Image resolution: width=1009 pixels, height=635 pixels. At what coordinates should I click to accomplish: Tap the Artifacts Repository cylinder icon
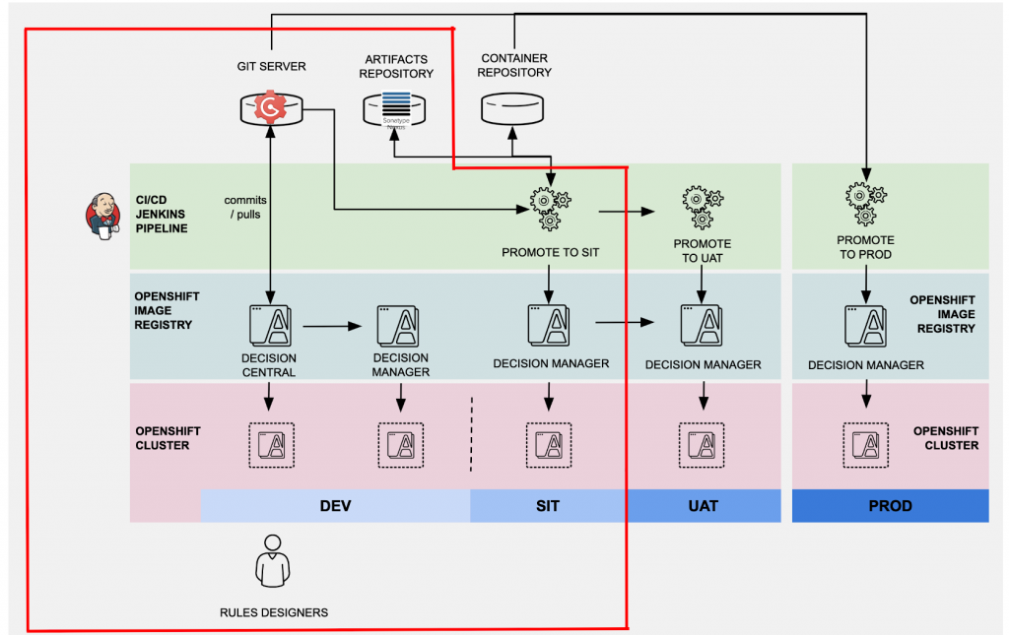tap(395, 107)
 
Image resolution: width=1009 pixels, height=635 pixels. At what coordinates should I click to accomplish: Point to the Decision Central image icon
tap(269, 324)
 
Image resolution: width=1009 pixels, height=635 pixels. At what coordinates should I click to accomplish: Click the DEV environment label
tap(335, 506)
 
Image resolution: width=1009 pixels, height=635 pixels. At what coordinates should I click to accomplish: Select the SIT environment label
tap(548, 506)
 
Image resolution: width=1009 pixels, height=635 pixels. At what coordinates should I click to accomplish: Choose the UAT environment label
tap(703, 506)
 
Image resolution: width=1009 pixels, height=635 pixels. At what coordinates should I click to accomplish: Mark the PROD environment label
tap(890, 506)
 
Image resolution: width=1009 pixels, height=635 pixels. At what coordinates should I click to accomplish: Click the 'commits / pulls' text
tap(244, 207)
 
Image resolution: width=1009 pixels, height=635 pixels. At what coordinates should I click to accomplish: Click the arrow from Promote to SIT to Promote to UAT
tap(626, 211)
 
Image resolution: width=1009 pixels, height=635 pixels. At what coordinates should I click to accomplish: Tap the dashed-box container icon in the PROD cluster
tap(865, 445)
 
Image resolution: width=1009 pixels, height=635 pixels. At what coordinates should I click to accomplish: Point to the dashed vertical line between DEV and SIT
tap(471, 434)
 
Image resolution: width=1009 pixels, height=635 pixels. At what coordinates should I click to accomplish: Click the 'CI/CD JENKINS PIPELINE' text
tap(162, 213)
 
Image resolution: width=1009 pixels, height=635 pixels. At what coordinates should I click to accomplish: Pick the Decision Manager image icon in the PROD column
tap(865, 324)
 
